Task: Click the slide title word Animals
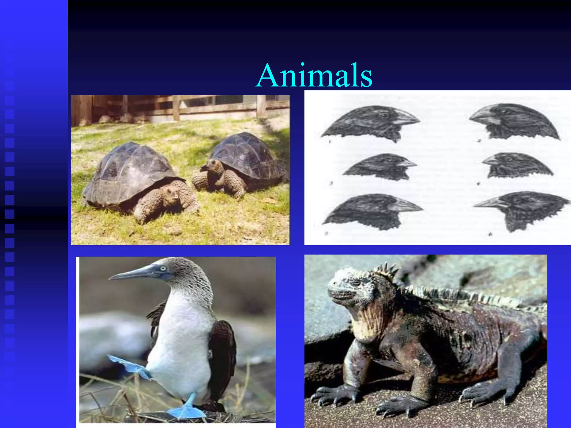click(x=314, y=75)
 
